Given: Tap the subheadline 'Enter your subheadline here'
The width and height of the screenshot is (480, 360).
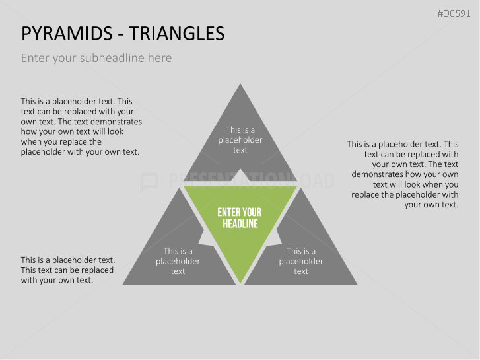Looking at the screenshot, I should [x=96, y=58].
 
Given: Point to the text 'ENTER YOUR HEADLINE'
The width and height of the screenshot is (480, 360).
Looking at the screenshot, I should [x=240, y=218].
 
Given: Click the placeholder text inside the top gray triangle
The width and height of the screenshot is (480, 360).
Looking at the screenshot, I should [x=240, y=140].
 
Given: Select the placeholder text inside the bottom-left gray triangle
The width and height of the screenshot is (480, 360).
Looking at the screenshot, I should [x=178, y=261].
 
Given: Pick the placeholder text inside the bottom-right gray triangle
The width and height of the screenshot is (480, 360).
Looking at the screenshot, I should [x=301, y=261].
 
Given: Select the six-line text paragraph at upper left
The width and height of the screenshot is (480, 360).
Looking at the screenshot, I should [x=81, y=127].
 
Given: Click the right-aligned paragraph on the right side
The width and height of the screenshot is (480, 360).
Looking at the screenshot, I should [x=403, y=174].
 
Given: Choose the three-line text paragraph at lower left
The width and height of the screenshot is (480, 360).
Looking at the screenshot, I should [x=67, y=270].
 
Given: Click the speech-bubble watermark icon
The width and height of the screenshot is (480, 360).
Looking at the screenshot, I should [x=150, y=182].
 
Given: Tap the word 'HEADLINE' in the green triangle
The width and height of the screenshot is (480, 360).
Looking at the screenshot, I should [x=240, y=224].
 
